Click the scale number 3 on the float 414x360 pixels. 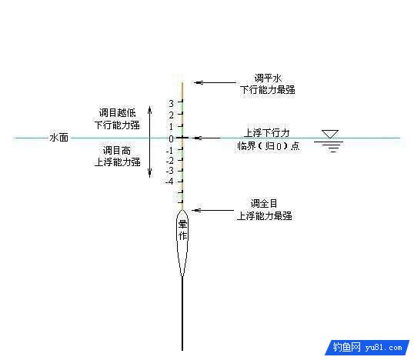point(172,103)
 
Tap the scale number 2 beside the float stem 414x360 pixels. point(172,115)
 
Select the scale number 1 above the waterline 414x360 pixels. point(172,127)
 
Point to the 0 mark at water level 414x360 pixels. point(172,138)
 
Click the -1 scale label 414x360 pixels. point(170,151)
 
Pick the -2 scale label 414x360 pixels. point(170,161)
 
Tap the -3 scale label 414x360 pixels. point(170,171)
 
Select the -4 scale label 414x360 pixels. point(169,182)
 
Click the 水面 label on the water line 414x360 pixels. point(59,138)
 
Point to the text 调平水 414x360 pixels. point(269,78)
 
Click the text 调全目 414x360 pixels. point(264,204)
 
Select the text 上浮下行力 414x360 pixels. point(267,133)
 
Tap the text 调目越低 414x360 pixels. point(118,113)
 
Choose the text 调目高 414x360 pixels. point(117,151)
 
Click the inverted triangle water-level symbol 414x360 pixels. point(330,134)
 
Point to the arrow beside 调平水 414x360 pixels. point(215,82)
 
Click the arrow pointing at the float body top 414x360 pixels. point(213,210)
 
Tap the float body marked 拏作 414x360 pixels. point(182,242)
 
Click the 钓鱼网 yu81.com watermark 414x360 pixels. point(367,348)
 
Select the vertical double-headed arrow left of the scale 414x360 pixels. point(150,142)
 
